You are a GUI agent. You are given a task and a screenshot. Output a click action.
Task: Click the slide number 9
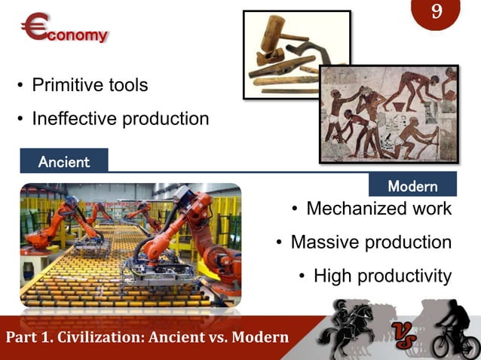[437, 13]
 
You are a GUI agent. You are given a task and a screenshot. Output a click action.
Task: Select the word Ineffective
[79, 119]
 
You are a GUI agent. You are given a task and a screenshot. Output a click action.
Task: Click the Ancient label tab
[64, 161]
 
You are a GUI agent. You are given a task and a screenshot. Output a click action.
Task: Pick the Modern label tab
[412, 185]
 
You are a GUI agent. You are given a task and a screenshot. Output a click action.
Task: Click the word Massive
[325, 243]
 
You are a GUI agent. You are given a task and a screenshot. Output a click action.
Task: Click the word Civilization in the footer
[106, 336]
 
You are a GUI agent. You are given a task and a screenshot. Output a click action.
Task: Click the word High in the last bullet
[332, 276]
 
